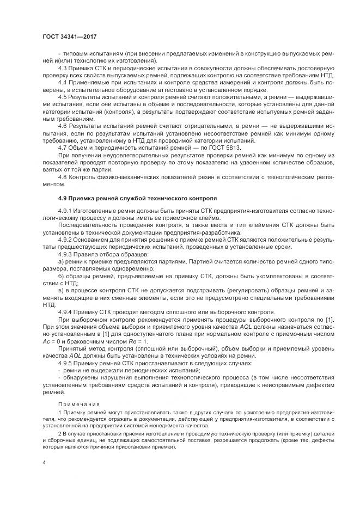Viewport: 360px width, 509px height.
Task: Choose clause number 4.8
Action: tap(63, 176)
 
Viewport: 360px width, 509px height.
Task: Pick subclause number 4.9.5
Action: tap(66, 361)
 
